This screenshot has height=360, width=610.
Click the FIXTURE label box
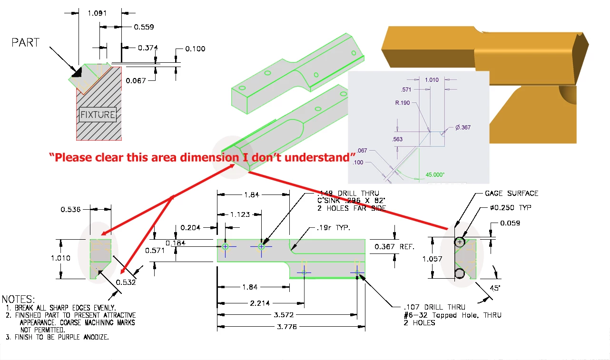(x=98, y=115)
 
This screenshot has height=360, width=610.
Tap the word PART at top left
(x=26, y=42)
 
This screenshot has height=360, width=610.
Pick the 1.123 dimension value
(x=240, y=214)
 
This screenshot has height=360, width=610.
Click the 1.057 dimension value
(x=433, y=259)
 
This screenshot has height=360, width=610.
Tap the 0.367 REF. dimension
(x=394, y=246)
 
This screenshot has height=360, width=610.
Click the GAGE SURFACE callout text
(x=512, y=193)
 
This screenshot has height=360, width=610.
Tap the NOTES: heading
(x=18, y=299)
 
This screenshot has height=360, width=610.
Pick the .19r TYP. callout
(x=333, y=228)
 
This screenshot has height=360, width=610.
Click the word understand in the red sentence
(x=328, y=157)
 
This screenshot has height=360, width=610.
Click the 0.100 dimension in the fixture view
(x=195, y=49)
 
